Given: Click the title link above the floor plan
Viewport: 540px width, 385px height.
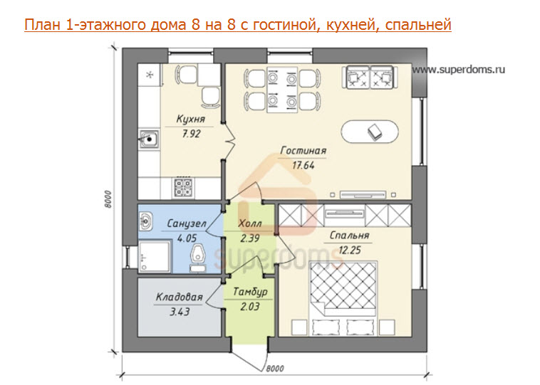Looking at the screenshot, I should click(x=238, y=26).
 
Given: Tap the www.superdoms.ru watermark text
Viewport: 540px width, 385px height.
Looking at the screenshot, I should click(x=459, y=70).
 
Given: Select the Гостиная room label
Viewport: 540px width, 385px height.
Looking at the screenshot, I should click(x=303, y=151).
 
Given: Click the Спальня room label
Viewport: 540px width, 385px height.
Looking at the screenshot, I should click(x=349, y=235).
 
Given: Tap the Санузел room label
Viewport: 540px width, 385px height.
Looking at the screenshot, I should click(x=187, y=223).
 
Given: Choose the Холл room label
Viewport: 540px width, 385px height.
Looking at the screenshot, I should click(x=249, y=223).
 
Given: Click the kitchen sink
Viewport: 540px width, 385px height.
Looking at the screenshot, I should click(x=149, y=139).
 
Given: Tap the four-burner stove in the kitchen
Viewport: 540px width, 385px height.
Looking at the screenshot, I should click(x=182, y=188).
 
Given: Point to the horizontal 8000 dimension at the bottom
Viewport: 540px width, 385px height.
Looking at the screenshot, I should click(x=275, y=368).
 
